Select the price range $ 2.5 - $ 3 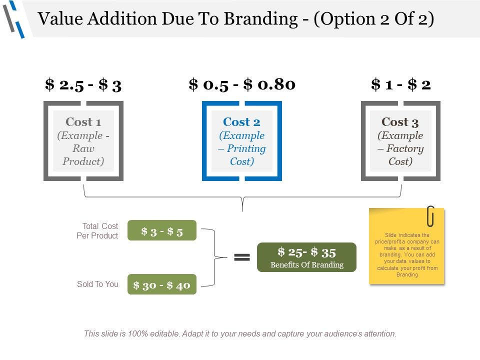click(83, 84)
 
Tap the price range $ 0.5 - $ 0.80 click(242, 84)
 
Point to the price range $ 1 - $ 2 click(400, 84)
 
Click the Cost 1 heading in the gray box click(83, 122)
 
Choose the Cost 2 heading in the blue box click(242, 122)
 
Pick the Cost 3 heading click(400, 122)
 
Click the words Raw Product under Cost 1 click(83, 155)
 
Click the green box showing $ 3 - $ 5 click(162, 230)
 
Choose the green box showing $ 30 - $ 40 click(162, 284)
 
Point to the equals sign click(242, 257)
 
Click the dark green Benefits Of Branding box click(306, 257)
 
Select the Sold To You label click(97, 284)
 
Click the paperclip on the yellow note click(430, 215)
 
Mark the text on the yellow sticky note click(406, 254)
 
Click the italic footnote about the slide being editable click(240, 333)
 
